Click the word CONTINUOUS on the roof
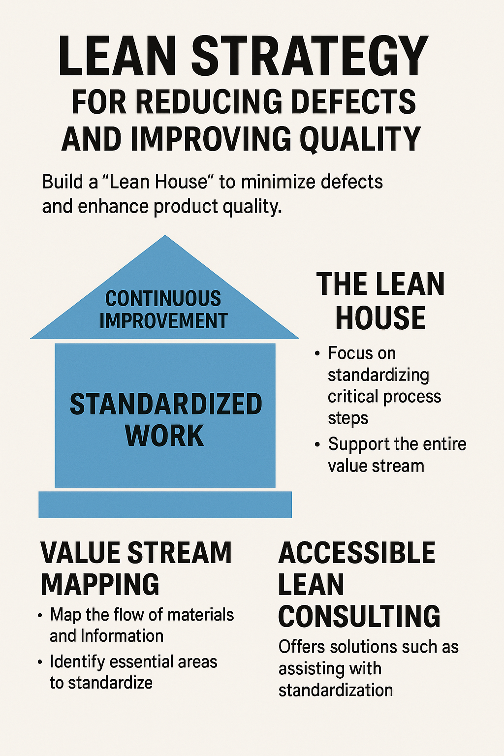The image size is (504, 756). tap(163, 299)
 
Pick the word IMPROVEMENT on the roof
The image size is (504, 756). tap(163, 321)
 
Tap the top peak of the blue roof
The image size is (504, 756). tap(165, 238)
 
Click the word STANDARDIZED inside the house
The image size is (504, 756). tap(166, 404)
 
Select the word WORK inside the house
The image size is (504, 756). tap(164, 435)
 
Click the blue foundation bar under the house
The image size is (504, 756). tap(165, 504)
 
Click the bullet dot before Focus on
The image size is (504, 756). tap(317, 353)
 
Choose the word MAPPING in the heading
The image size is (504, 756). tap(100, 584)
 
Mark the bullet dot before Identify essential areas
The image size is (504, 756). tap(40, 662)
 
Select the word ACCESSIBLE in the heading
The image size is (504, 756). tap(357, 553)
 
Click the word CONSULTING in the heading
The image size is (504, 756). tap(359, 616)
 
